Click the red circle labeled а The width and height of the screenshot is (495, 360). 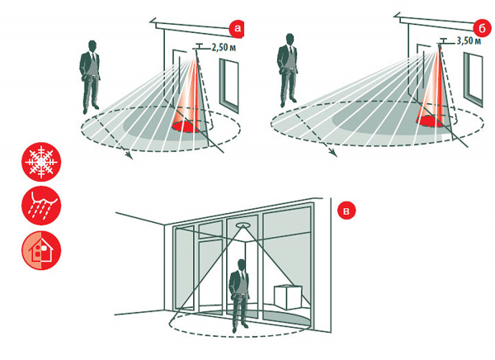237,29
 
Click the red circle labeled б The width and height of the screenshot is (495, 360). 482,29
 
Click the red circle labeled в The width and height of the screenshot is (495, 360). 346,211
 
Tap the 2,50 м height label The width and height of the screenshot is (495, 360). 224,48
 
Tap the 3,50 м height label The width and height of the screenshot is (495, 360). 469,40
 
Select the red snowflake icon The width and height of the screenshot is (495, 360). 41,162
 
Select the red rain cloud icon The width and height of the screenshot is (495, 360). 41,206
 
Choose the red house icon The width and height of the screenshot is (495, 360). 41,250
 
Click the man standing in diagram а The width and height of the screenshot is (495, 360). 90,77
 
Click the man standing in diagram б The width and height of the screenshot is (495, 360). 288,70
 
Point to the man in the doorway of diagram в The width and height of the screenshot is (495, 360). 240,296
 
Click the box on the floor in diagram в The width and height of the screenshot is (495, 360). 288,297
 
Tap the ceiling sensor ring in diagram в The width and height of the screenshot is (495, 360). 243,225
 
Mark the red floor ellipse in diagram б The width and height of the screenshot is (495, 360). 430,121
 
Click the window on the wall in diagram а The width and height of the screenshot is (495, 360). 229,85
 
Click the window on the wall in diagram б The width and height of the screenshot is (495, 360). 473,79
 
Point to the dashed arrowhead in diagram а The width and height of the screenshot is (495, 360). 130,155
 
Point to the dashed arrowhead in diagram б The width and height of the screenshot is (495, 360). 333,153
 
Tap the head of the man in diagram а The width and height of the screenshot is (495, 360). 92,46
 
